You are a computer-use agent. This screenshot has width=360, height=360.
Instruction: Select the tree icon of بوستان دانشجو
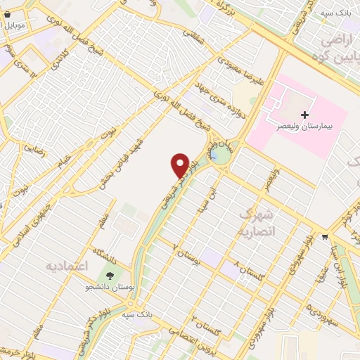click(x=110, y=274)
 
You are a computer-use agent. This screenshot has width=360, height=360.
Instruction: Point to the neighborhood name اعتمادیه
click(x=69, y=266)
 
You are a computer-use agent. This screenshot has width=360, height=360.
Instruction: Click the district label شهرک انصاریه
click(x=258, y=221)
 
